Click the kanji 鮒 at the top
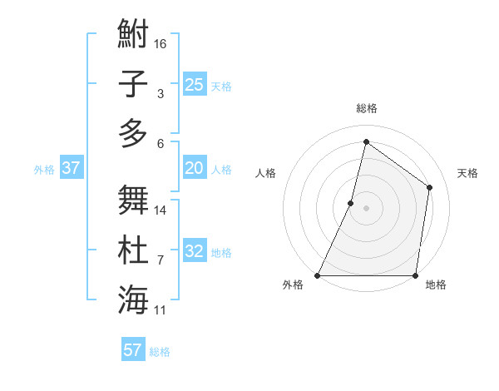133,36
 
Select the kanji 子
133,84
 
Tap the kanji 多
133,133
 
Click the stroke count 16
161,43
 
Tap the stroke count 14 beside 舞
161,210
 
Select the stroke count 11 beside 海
161,310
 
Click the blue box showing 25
194,84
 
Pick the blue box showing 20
194,168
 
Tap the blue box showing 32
194,251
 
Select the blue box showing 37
72,168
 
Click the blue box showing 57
133,349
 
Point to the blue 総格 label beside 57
160,351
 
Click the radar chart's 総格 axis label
366,108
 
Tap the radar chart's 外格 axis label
293,285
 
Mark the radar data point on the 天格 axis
430,187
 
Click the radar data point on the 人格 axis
351,203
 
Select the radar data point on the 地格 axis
415,275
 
